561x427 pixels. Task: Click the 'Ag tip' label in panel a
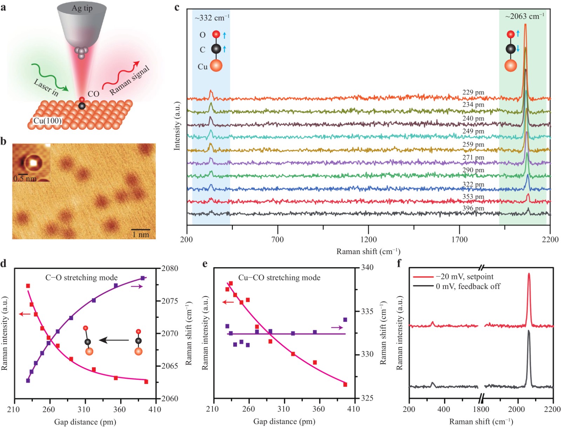coord(82,8)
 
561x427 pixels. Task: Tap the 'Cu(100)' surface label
coord(47,121)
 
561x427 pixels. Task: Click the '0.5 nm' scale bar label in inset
coord(25,179)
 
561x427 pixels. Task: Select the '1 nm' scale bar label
coord(141,235)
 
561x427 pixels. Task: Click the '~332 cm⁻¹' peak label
coord(212,18)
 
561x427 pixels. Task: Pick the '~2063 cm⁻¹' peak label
coord(525,16)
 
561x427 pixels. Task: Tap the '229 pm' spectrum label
coord(473,93)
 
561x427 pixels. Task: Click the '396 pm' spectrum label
coord(473,208)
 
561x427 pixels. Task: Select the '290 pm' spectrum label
coord(473,170)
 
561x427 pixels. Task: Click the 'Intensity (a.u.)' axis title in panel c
coord(177,126)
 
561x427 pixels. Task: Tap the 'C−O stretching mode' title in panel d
coord(81,278)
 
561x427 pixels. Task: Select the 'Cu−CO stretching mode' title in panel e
coord(279,278)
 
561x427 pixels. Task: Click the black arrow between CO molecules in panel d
coord(114,340)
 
